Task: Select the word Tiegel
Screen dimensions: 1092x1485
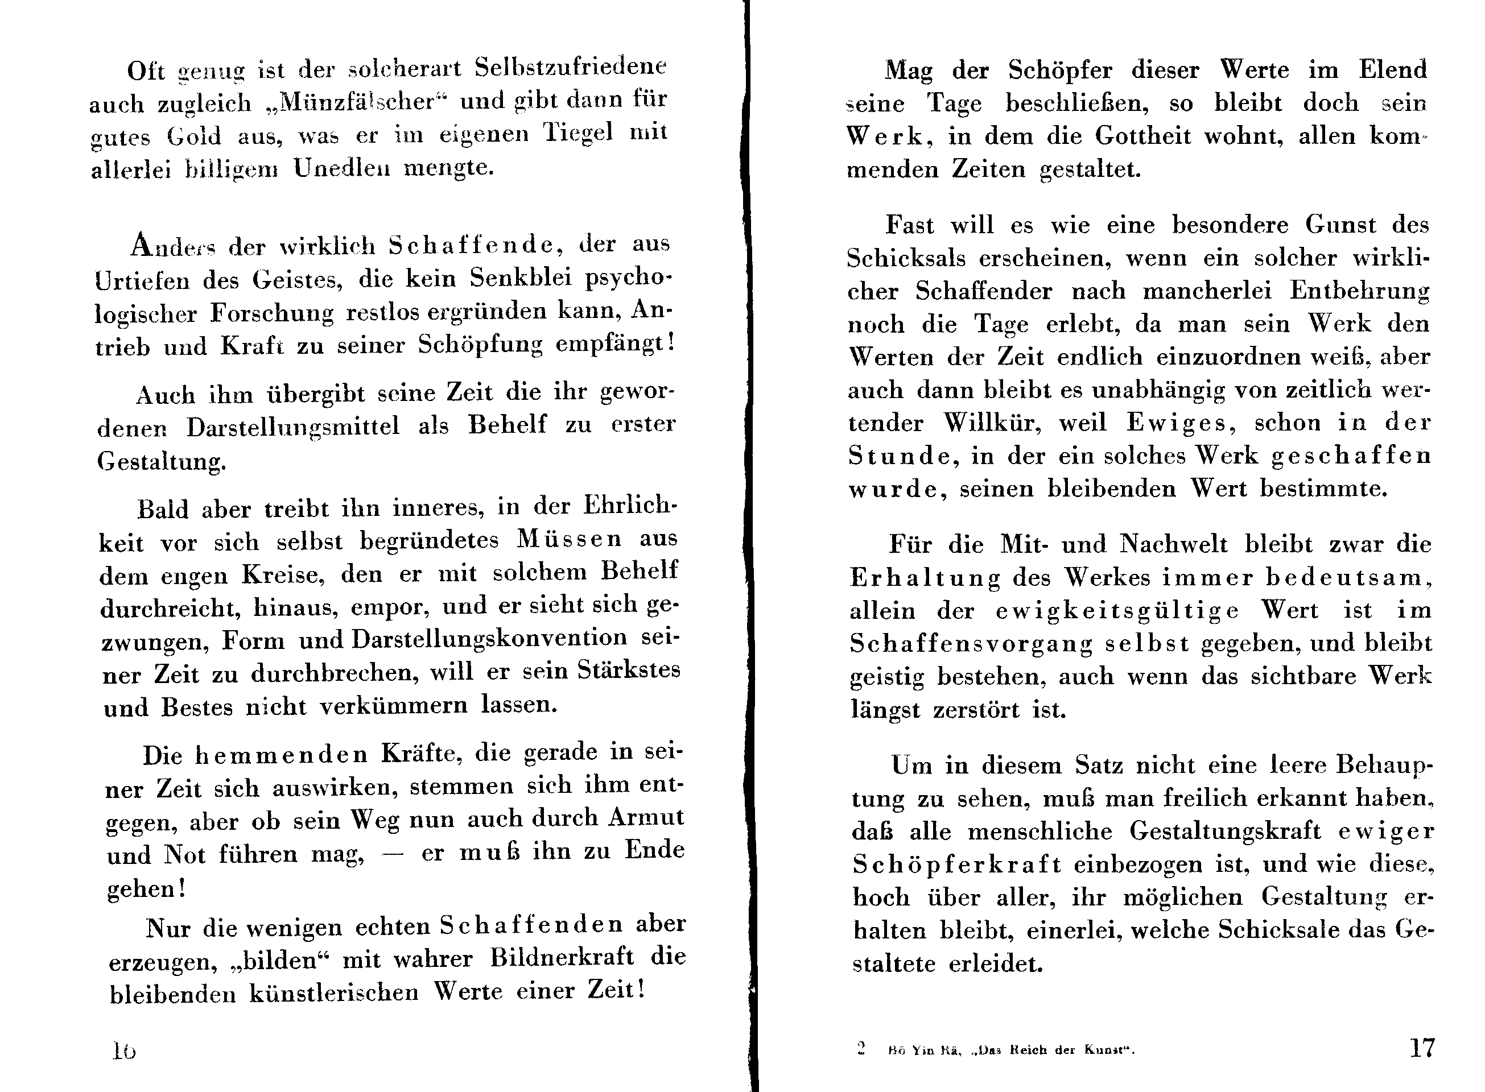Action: pyautogui.click(x=578, y=134)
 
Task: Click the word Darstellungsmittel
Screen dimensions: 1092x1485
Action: pyautogui.click(x=293, y=427)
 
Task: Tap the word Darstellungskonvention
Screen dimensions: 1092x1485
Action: pyautogui.click(x=489, y=639)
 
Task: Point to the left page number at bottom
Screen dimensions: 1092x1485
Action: pyautogui.click(x=123, y=1050)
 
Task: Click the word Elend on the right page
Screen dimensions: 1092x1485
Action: pyautogui.click(x=1393, y=70)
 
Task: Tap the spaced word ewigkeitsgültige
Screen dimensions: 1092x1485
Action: pyautogui.click(x=1117, y=611)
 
